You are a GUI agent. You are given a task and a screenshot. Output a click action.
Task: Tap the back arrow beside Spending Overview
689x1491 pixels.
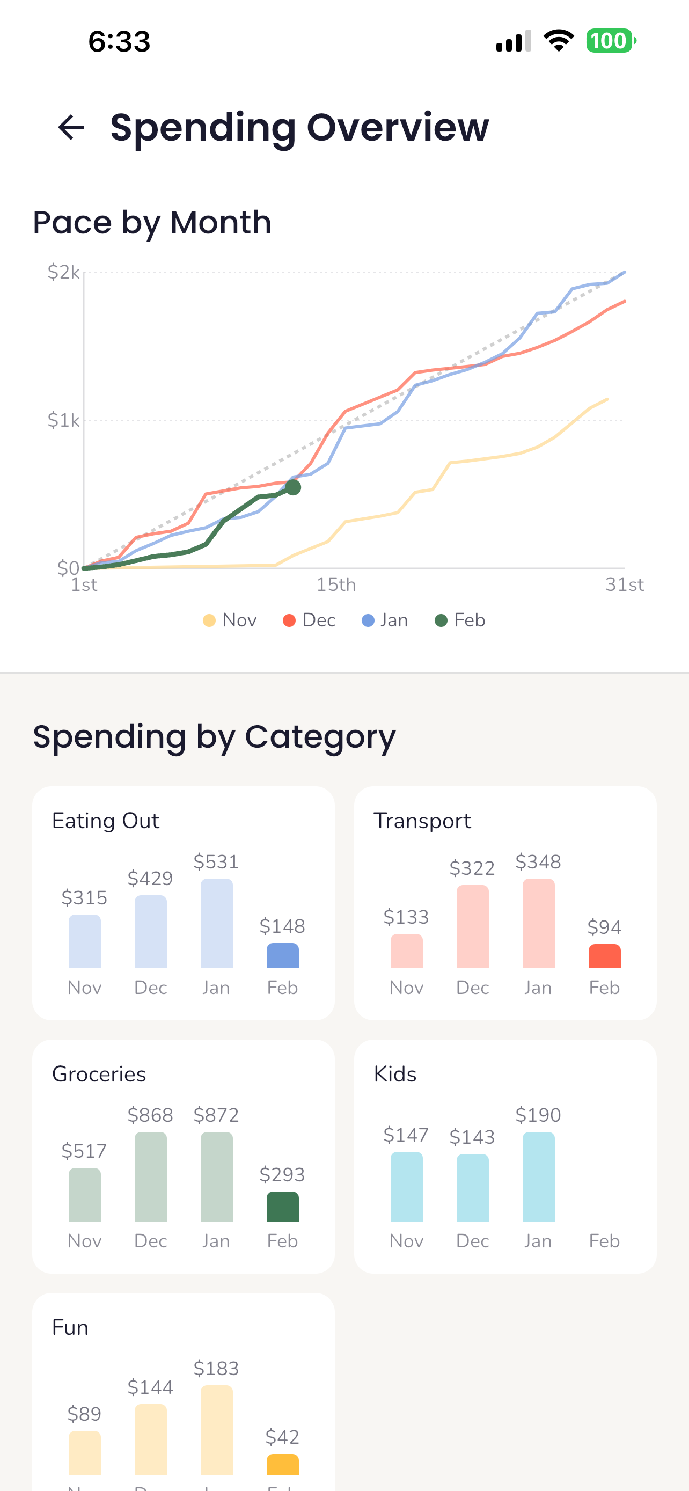coord(71,127)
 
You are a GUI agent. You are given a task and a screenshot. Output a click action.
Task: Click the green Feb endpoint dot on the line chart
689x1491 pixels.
coord(294,487)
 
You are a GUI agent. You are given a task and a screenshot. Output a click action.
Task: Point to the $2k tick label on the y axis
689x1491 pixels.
coord(64,272)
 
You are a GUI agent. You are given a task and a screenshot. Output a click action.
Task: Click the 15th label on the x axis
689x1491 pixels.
coord(335,584)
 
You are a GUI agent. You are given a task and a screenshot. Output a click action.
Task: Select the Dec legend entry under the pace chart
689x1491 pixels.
coord(310,620)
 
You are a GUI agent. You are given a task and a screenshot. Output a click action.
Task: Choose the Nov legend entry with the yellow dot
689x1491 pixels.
coord(230,620)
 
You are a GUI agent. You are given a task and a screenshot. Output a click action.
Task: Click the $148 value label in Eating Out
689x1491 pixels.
coord(282,926)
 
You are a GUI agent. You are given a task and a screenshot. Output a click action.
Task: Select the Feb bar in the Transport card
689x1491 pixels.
coord(604,956)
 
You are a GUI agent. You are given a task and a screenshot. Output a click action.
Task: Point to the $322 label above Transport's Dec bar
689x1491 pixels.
coord(472,868)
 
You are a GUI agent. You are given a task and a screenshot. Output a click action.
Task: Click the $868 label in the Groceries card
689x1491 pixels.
coord(150,1115)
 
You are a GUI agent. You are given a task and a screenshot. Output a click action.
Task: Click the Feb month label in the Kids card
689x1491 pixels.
coord(604,1241)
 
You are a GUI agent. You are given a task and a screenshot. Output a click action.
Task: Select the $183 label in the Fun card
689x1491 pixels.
coord(216,1368)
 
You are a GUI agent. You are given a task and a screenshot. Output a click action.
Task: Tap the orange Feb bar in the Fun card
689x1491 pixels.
coord(282,1464)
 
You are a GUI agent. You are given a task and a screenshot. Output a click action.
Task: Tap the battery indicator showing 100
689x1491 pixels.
coord(610,41)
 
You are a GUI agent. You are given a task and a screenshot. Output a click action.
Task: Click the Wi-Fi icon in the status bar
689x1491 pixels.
coord(558,41)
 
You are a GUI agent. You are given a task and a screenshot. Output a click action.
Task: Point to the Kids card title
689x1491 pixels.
coord(395,1075)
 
